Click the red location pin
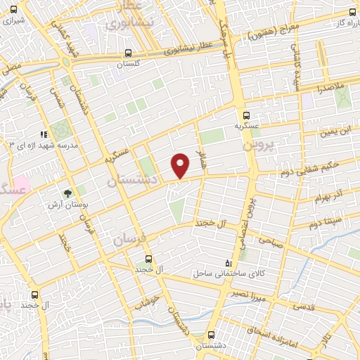pos(181,165)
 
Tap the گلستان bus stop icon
pos(128,53)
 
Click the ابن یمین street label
pos(333,131)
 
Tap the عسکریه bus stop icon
pos(245,116)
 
